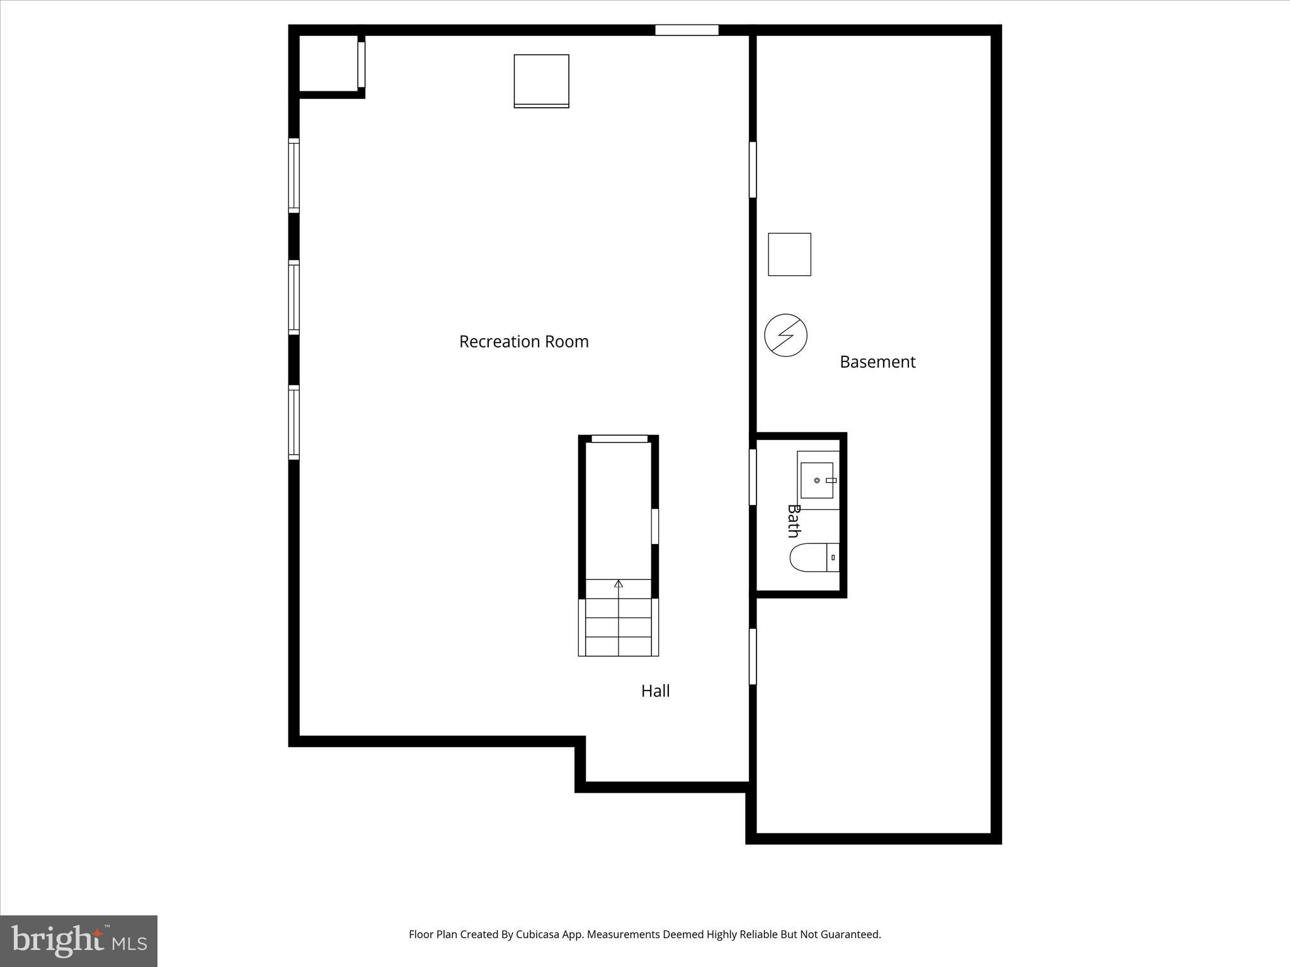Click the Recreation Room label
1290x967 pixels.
(x=523, y=342)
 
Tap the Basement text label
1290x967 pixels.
(x=877, y=362)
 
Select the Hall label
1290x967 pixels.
(x=655, y=691)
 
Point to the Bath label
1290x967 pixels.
(x=794, y=521)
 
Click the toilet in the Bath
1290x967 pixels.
(x=813, y=558)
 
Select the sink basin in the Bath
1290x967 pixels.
(x=817, y=480)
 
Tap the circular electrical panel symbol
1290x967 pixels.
(x=785, y=335)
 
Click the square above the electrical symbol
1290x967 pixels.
(x=789, y=254)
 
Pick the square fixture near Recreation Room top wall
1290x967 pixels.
(x=541, y=81)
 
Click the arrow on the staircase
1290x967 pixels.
(x=619, y=584)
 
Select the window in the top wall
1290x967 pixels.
(x=687, y=30)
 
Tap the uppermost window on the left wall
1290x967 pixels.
(x=294, y=175)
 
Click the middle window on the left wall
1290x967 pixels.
(x=294, y=297)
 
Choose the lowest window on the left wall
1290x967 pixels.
(x=294, y=422)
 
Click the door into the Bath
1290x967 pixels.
(x=752, y=477)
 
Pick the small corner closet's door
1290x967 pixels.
(x=361, y=64)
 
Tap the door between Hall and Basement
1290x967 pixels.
(x=752, y=656)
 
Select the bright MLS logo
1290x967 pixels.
(x=79, y=941)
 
